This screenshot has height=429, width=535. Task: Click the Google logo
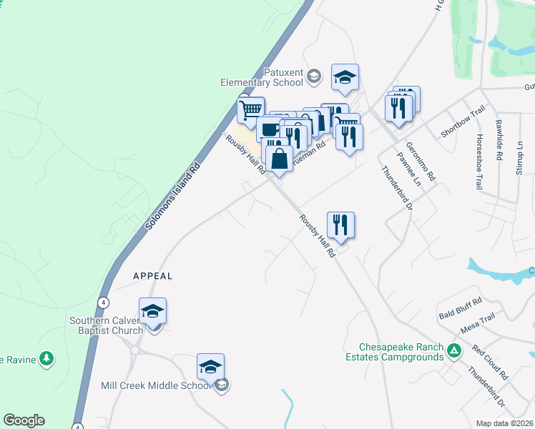24,420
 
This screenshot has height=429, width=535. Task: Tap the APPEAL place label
153,275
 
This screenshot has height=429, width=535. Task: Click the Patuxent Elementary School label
262,78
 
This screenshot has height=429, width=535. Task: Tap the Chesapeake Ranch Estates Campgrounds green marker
453,350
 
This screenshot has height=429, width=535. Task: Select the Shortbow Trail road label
463,121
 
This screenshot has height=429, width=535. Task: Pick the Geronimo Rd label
421,161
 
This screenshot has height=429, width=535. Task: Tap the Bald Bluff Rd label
461,308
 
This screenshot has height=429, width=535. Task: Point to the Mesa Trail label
478,321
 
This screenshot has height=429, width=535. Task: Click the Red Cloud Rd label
490,364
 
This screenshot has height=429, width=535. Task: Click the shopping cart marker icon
251,110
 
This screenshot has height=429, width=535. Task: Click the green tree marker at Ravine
46,357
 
